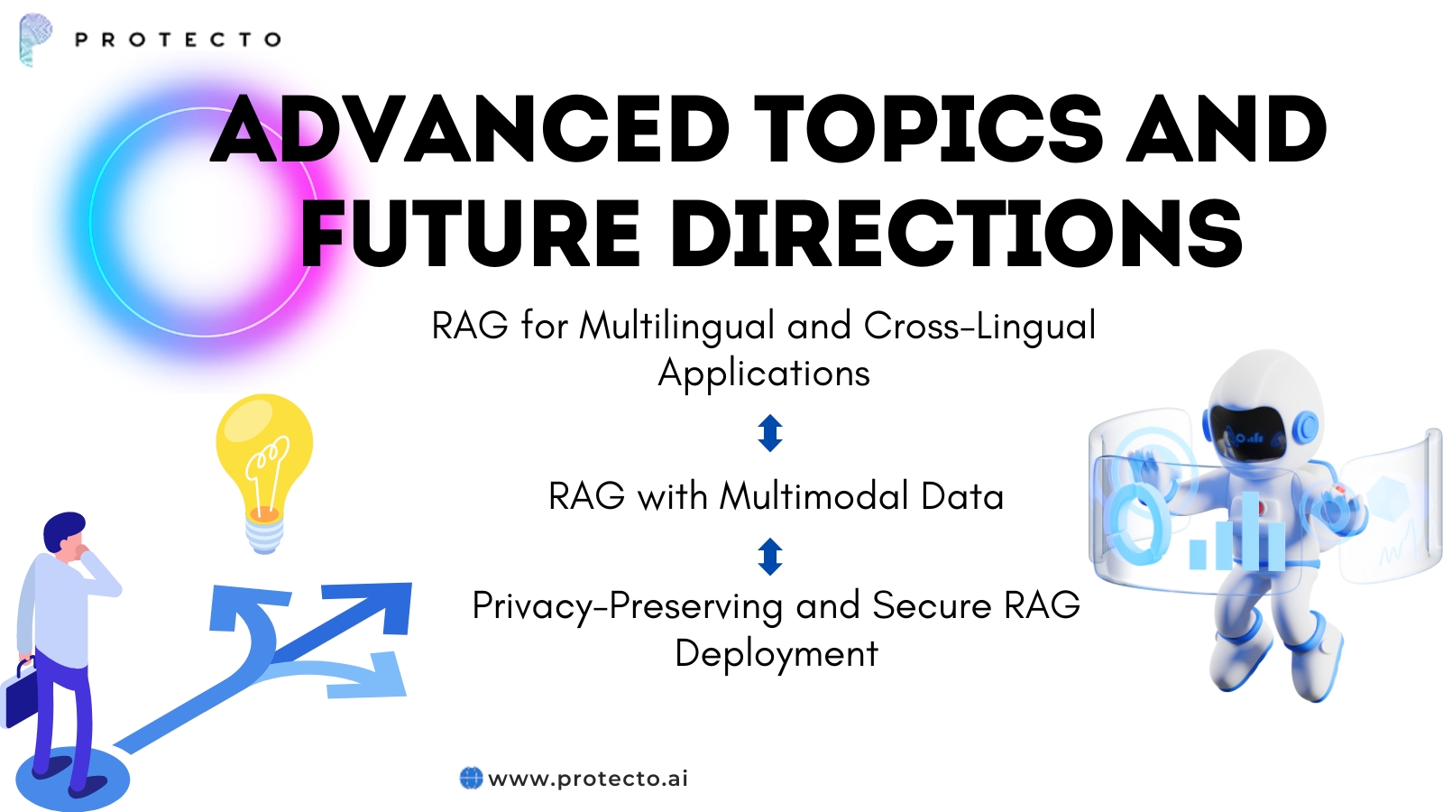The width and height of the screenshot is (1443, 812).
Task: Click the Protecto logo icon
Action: [x=34, y=39]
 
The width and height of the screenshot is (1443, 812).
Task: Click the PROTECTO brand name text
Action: [x=178, y=40]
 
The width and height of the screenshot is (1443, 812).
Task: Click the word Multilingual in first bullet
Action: [x=676, y=326]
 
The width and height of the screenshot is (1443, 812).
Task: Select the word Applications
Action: [x=764, y=374]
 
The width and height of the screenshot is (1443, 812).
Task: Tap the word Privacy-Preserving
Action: [x=627, y=605]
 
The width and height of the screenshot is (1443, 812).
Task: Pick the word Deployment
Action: [x=776, y=654]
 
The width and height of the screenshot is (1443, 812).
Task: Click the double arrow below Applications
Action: [x=770, y=433]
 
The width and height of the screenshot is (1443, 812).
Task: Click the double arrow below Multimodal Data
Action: [x=770, y=557]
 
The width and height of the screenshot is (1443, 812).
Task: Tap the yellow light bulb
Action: [x=264, y=460]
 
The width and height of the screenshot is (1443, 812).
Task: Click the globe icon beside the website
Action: [x=471, y=778]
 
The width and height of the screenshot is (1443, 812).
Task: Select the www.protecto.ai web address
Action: [x=588, y=778]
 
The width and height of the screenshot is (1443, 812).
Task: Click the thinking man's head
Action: [x=65, y=532]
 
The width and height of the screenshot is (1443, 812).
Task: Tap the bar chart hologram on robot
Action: [x=1236, y=537]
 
